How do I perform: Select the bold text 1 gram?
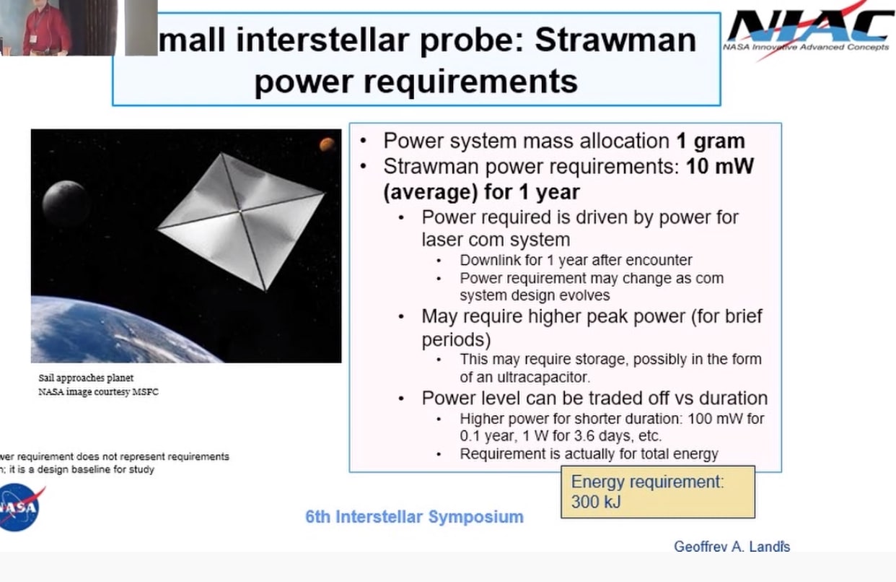point(711,141)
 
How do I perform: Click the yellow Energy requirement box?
point(657,492)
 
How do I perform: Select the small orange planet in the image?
point(327,144)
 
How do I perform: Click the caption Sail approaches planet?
point(86,378)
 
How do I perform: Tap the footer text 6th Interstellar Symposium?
point(414,517)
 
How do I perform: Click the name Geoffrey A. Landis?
point(732,547)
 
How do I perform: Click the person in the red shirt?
point(45,29)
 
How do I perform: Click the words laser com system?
point(496,239)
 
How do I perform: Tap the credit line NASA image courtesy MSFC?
point(98,393)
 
